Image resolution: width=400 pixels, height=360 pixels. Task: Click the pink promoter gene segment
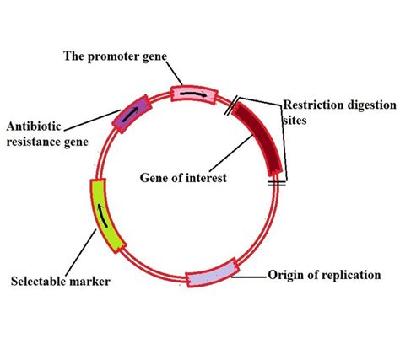pos(190,93)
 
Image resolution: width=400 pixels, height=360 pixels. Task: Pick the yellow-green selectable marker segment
pos(107,216)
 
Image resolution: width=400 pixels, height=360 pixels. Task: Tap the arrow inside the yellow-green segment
pos(105,217)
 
